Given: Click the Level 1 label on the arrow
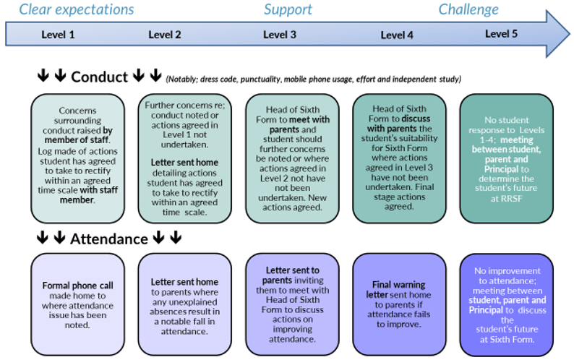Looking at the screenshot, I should coord(58,35).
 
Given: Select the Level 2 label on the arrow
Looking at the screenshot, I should coord(165,35).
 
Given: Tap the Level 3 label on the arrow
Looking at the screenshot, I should coord(280,35).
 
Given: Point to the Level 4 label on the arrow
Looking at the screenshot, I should coord(397,35).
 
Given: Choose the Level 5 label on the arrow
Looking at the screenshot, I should coord(501,34).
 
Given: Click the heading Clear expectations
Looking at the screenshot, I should coord(76,9).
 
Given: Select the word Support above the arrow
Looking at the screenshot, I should coord(288,9).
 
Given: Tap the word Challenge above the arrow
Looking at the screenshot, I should coord(468,9).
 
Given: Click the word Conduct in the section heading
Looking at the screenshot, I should coord(100,77).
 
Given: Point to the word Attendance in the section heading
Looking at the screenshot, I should coord(109,239).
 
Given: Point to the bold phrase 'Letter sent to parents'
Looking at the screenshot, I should coord(292,275).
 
